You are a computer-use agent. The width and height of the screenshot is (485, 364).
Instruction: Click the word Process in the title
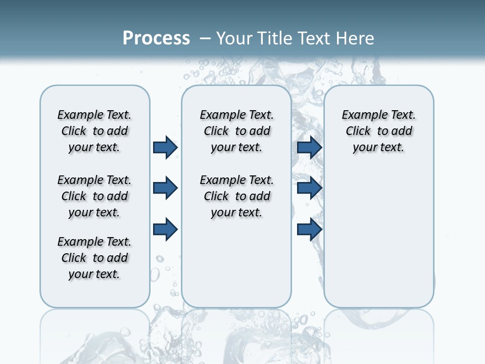[156, 38]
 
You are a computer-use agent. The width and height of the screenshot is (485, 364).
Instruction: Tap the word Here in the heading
[355, 38]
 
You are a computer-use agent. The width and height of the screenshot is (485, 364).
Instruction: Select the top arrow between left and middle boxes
[165, 147]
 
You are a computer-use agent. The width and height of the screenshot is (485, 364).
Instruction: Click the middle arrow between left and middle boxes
[165, 189]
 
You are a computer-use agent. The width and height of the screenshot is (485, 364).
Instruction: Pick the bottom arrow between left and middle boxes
[165, 230]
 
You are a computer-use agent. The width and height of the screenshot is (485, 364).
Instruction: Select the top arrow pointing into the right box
[309, 147]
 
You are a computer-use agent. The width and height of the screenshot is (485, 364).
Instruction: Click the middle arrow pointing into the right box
[309, 189]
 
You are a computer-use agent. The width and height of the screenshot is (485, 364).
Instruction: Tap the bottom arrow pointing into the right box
[309, 230]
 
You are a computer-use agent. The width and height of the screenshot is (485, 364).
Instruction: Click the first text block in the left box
[94, 131]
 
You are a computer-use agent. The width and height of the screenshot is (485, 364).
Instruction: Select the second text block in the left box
[94, 196]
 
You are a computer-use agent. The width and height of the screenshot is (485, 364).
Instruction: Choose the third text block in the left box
[94, 258]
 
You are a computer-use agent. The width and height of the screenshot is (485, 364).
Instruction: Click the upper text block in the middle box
[236, 131]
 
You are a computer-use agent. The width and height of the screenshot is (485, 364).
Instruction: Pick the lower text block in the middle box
[236, 196]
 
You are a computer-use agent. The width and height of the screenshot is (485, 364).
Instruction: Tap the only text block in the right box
[378, 131]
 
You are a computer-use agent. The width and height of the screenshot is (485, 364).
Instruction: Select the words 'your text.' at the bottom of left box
[94, 274]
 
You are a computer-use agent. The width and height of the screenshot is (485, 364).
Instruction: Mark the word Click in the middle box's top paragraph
[216, 131]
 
